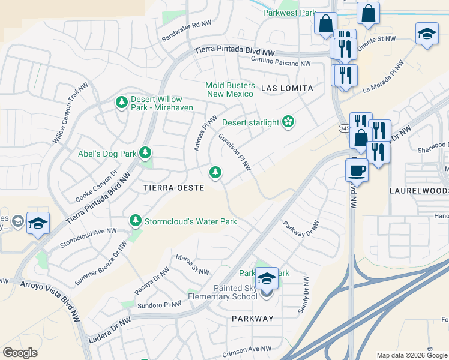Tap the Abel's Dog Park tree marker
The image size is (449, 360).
pyautogui.click(x=145, y=153)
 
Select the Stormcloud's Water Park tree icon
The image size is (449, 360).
pyautogui.click(x=136, y=221)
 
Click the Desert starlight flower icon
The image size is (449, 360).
pyautogui.click(x=288, y=122)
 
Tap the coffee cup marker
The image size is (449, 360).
pyautogui.click(x=357, y=170)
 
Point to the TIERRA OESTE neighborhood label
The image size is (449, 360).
pyautogui.click(x=174, y=188)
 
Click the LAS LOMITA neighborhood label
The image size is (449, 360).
pyautogui.click(x=287, y=88)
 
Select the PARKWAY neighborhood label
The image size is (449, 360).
pyautogui.click(x=252, y=319)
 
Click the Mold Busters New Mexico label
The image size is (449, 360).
pyautogui.click(x=230, y=89)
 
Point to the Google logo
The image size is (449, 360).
pyautogui.click(x=20, y=352)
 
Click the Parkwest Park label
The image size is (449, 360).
pyautogui.click(x=289, y=13)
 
